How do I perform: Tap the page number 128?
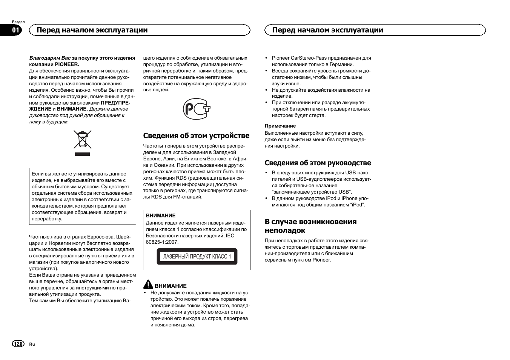[18, 344]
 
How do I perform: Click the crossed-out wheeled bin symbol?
[82, 140]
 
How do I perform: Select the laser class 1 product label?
[197, 257]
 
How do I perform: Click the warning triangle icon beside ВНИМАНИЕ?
[148, 285]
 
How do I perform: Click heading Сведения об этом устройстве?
[196, 136]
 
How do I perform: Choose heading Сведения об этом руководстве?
[318, 163]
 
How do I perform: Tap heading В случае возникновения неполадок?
[310, 226]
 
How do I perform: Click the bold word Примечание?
[280, 126]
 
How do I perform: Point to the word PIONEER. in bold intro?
[67, 64]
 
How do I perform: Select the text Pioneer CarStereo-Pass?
[299, 58]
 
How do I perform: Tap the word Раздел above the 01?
[18, 22]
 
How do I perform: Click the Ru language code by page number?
[32, 344]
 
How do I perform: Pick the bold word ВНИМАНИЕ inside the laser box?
[161, 216]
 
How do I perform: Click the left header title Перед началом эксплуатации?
[92, 30]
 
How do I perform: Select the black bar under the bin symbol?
[82, 154]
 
